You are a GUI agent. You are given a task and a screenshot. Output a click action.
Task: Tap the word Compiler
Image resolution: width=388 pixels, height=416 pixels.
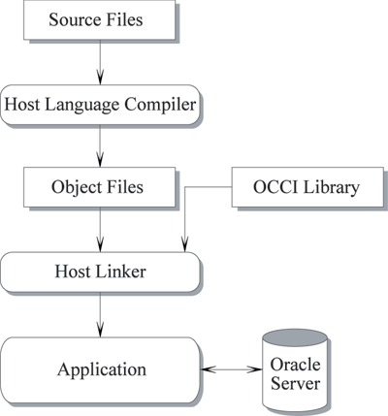(160, 105)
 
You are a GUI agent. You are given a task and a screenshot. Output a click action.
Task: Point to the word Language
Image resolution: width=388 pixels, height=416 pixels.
(82, 106)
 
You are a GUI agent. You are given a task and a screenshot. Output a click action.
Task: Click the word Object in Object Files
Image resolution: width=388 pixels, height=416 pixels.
(73, 188)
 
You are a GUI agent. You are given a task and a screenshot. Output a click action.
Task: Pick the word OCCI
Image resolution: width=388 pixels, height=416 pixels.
(275, 187)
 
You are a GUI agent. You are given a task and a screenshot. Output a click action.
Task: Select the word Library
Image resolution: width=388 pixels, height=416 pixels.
(332, 188)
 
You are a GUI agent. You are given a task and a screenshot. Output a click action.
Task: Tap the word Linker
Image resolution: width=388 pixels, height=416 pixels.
(121, 272)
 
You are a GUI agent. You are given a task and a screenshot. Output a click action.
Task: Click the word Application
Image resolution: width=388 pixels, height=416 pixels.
(102, 370)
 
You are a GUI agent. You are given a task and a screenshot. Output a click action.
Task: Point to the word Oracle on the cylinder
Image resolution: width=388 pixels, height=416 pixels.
(295, 365)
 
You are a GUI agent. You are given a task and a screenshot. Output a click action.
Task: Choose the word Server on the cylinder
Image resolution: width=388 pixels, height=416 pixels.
(295, 384)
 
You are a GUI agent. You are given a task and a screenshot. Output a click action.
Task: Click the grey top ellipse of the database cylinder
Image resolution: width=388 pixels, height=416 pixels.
(295, 338)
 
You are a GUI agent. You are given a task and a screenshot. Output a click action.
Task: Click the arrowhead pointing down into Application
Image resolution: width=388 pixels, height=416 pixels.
(100, 329)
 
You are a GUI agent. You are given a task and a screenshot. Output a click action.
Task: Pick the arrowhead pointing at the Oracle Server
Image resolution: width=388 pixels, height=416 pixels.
(254, 369)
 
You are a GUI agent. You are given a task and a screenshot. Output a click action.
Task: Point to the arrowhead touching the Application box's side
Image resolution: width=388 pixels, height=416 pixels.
(209, 369)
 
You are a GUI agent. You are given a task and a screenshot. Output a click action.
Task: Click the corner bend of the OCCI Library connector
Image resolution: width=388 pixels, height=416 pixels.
(184, 187)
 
